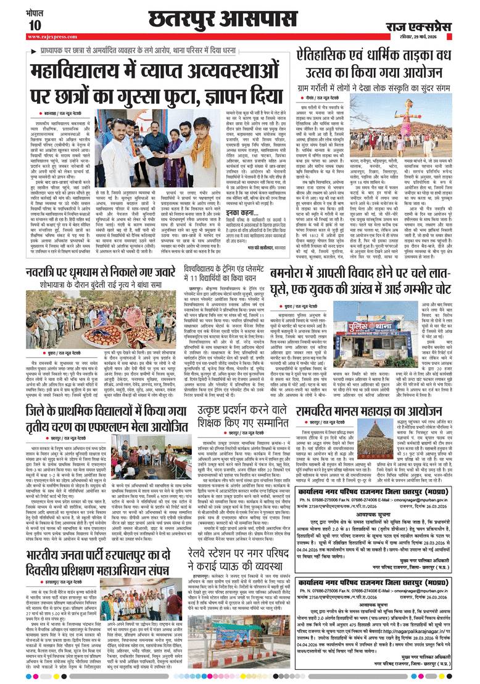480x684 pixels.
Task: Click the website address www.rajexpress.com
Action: point(52,37)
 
